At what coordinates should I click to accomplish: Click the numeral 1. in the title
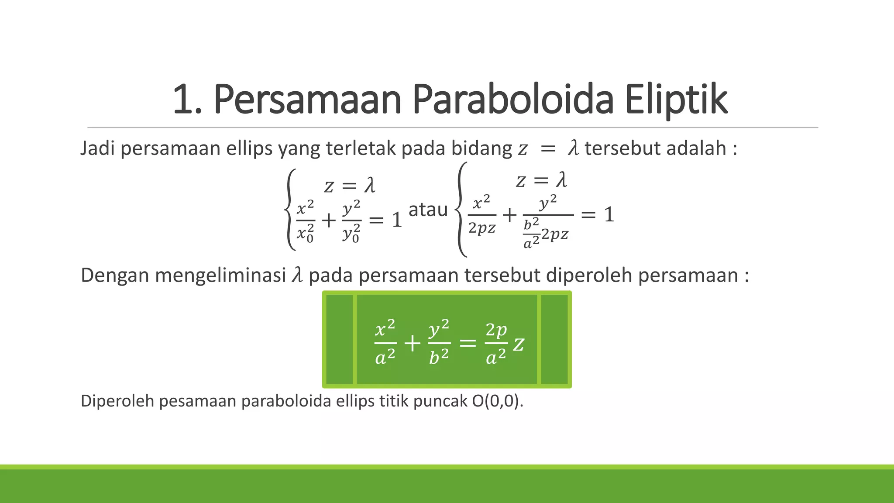pyautogui.click(x=187, y=100)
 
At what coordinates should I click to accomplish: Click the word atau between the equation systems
pyautogui.click(x=428, y=210)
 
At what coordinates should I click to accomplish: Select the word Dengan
pyautogui.click(x=115, y=276)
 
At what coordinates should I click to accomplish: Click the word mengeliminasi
pyautogui.click(x=220, y=276)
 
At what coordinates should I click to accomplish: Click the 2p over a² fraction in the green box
pyautogui.click(x=496, y=343)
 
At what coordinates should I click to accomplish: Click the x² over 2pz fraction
pyautogui.click(x=481, y=215)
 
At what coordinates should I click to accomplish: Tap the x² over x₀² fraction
pyautogui.click(x=305, y=220)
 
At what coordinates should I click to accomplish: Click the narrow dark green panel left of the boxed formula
pyautogui.click(x=339, y=340)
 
